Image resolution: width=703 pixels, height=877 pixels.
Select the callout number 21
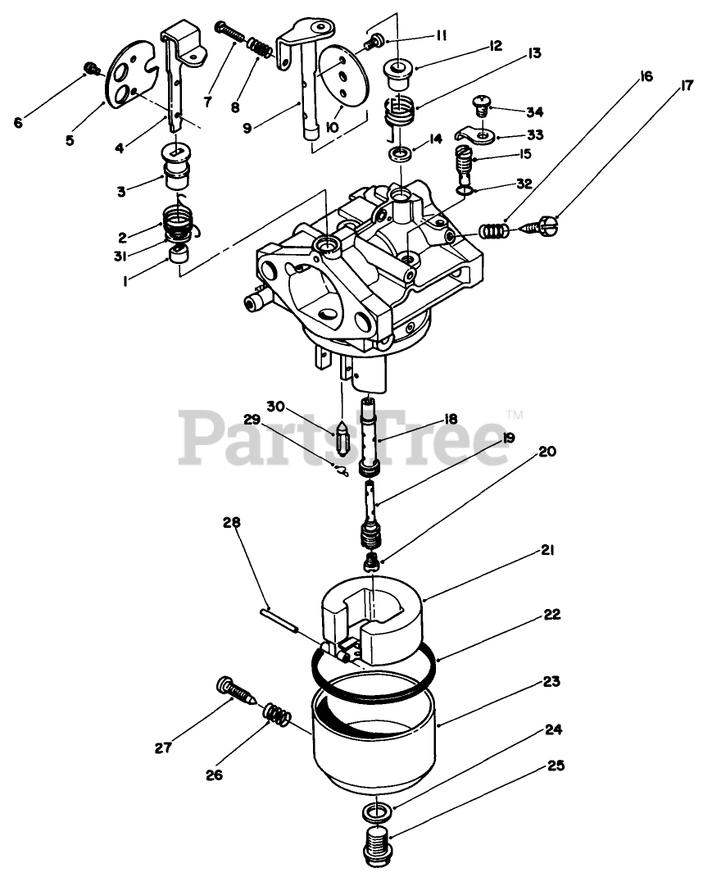547,552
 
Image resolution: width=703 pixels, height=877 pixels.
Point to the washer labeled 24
376,812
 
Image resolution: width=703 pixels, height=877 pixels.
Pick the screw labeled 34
481,104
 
